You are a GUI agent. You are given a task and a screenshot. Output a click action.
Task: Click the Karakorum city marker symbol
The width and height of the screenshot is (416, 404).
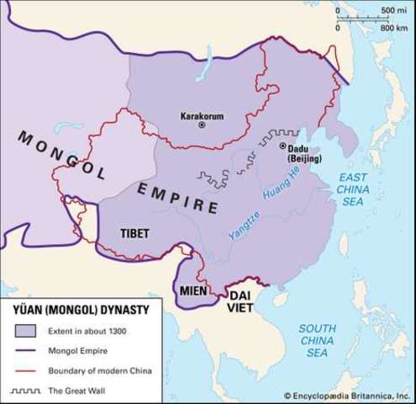click(x=202, y=125)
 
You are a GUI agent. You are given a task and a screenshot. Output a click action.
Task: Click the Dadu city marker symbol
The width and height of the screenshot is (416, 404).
click(x=283, y=146)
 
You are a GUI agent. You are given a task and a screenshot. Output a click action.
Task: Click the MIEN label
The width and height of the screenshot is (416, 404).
click(x=194, y=291)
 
